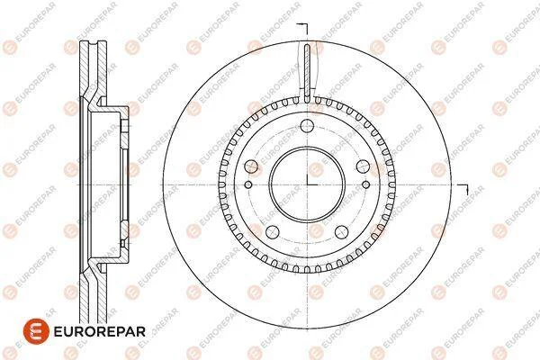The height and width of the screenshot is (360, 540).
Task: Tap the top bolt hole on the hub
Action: [x=307, y=126]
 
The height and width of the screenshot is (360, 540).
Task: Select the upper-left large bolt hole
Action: [x=251, y=166]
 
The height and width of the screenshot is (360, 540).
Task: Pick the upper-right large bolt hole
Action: [x=363, y=166]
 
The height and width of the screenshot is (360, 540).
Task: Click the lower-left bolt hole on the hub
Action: [x=273, y=232]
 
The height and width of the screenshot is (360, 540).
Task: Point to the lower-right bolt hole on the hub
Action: [x=342, y=232]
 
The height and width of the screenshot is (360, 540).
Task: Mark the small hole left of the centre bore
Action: [x=248, y=184]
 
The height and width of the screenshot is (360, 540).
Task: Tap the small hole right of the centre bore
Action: [x=366, y=184]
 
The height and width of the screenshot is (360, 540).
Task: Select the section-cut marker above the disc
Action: [x=302, y=28]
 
